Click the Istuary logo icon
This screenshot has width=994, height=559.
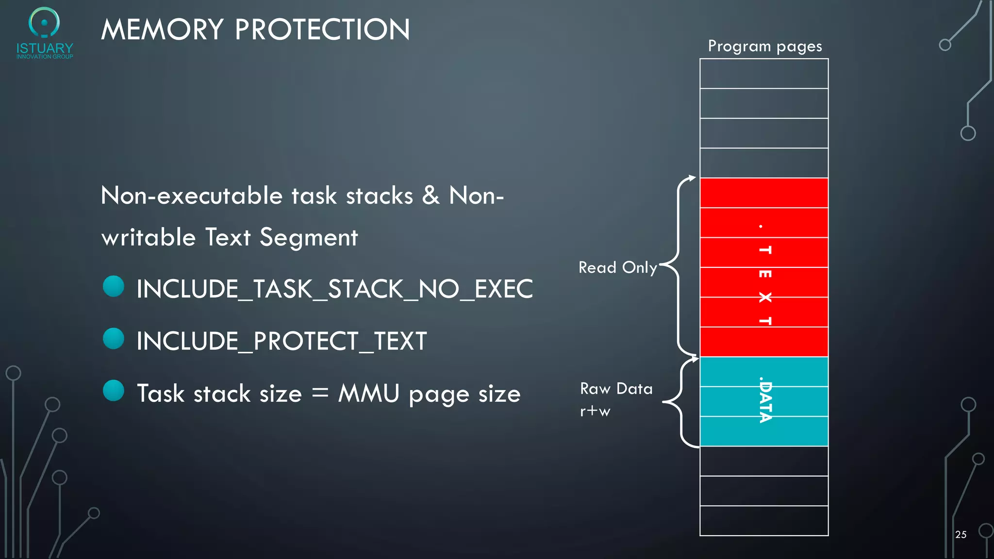[x=44, y=22]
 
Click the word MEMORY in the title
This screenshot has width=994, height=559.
[x=162, y=30]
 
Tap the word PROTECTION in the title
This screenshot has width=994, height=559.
[x=323, y=30]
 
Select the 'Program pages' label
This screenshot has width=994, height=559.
[x=765, y=46]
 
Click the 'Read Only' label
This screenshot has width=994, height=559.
[x=618, y=267]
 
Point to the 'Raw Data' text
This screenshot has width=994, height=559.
[x=616, y=389]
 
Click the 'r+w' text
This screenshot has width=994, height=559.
[x=595, y=411]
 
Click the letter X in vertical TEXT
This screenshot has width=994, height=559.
[x=765, y=297]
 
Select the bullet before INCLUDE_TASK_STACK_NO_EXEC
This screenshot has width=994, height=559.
[x=114, y=286]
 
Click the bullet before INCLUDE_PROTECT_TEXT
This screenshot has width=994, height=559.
[x=114, y=339]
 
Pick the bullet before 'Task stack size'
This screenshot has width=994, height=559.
[x=114, y=391]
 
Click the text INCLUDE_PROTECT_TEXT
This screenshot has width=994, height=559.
[x=282, y=341]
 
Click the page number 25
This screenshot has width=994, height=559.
[x=961, y=534]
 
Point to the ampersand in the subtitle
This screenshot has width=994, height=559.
[x=431, y=195]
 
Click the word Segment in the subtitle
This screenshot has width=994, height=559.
[x=309, y=237]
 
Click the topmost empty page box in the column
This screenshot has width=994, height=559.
[x=764, y=74]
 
